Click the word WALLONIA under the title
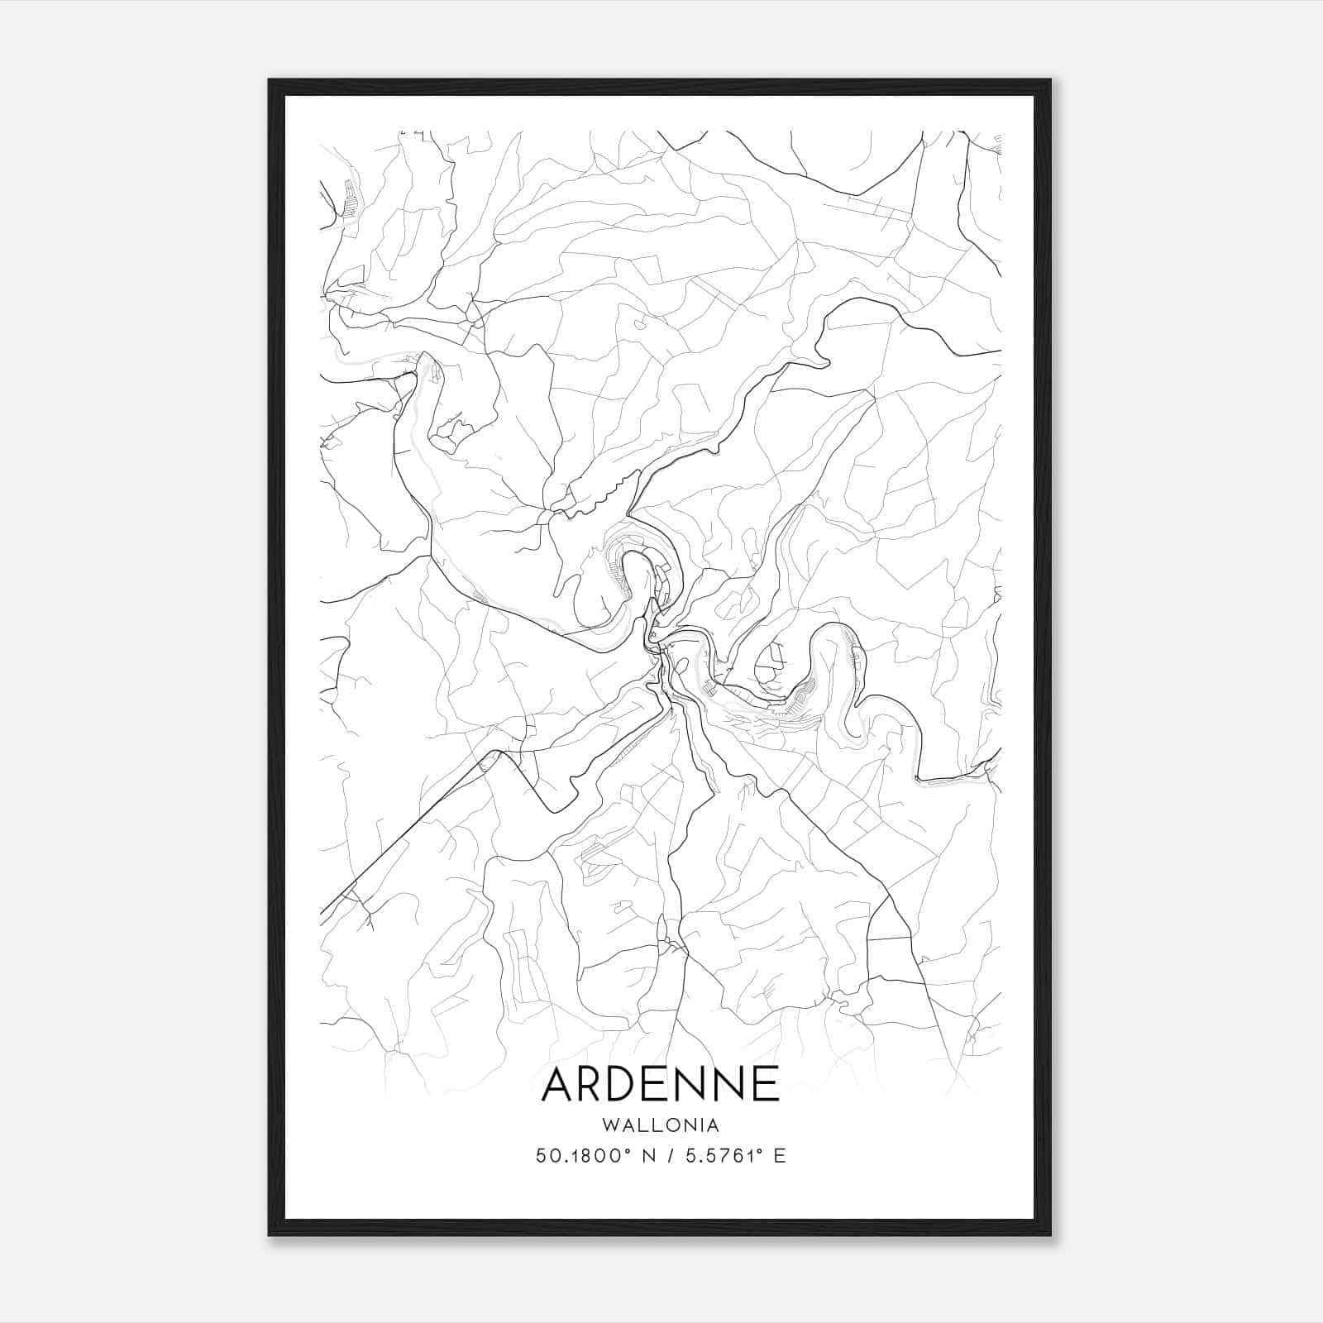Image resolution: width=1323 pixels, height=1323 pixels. [x=661, y=1125]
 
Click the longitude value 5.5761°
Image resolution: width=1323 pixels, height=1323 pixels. [x=722, y=1156]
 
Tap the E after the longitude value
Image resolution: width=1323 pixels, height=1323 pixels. [x=779, y=1156]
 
